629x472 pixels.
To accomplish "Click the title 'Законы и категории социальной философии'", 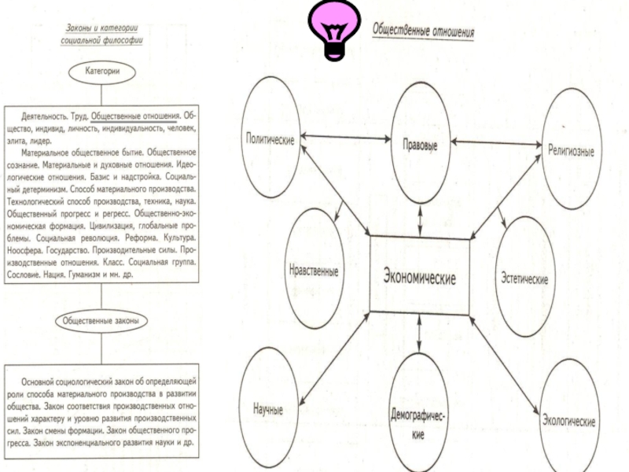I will pos(104,35).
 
